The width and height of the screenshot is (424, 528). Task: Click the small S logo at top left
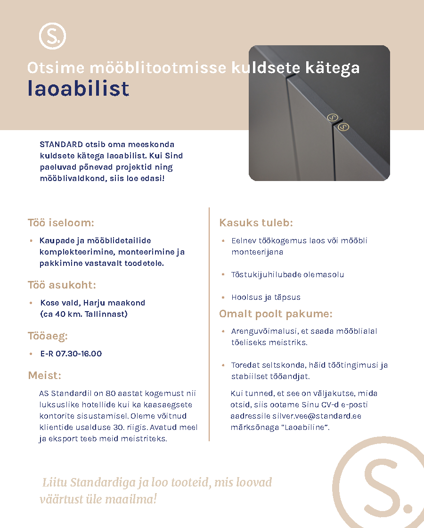pos(52,36)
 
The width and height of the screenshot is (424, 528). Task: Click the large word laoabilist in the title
pos(78,89)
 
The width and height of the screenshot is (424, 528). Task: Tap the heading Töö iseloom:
pos(61,223)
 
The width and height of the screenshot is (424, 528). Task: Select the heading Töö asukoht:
pos(62,285)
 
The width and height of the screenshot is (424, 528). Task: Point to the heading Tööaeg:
pos(48,336)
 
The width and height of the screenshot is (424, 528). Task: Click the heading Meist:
pos(44,375)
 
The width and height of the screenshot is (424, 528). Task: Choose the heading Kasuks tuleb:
pos(256,223)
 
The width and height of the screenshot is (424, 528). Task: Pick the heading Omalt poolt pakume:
pos(276,314)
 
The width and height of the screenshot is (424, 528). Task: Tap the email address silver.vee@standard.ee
pos(317,416)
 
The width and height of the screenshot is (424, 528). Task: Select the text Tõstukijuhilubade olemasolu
pos(287,274)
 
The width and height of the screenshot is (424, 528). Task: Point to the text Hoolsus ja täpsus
pos(266,297)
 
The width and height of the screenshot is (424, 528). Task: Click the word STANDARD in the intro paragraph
pos(61,144)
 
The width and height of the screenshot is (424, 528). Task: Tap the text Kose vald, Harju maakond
pos(93,303)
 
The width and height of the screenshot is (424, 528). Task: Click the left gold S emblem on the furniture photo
pos(333,117)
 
